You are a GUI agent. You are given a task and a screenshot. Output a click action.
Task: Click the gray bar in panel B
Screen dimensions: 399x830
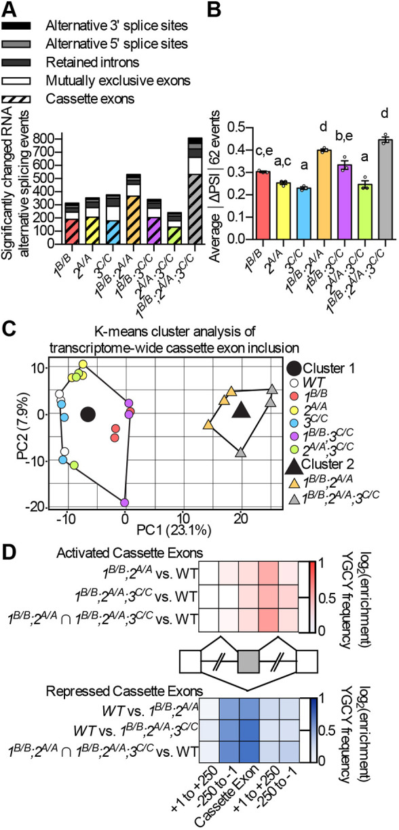click(385, 189)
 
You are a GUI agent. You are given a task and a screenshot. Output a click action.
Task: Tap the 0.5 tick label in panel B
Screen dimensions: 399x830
click(236, 127)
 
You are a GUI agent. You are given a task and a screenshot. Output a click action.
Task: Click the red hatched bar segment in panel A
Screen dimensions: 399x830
click(72, 232)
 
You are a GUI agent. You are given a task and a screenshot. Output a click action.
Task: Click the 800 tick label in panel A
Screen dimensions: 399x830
click(44, 139)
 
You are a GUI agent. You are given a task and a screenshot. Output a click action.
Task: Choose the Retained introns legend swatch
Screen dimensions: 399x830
click(16, 62)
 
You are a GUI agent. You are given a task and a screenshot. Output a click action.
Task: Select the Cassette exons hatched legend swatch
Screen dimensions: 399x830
click(16, 99)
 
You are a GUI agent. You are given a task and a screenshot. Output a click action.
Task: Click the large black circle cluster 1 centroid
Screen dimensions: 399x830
click(88, 415)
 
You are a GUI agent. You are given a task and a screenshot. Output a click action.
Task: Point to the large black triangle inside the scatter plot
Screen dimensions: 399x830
click(242, 410)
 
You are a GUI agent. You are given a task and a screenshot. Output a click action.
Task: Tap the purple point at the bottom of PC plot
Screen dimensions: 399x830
click(125, 503)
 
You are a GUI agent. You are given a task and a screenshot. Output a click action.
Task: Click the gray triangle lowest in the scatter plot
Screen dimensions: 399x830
click(241, 453)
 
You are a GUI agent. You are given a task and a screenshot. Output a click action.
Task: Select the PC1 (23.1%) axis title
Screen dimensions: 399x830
click(174, 531)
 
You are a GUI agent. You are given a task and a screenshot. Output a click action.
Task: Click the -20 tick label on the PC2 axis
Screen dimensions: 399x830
click(36, 507)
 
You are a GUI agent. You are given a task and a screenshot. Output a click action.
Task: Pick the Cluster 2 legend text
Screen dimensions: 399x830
click(327, 464)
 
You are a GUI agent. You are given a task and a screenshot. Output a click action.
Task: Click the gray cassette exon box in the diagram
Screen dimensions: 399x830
click(248, 661)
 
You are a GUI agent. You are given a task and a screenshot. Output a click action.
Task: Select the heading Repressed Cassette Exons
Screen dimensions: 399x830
click(124, 690)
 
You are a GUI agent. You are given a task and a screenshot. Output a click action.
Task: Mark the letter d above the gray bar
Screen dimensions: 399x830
click(385, 113)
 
